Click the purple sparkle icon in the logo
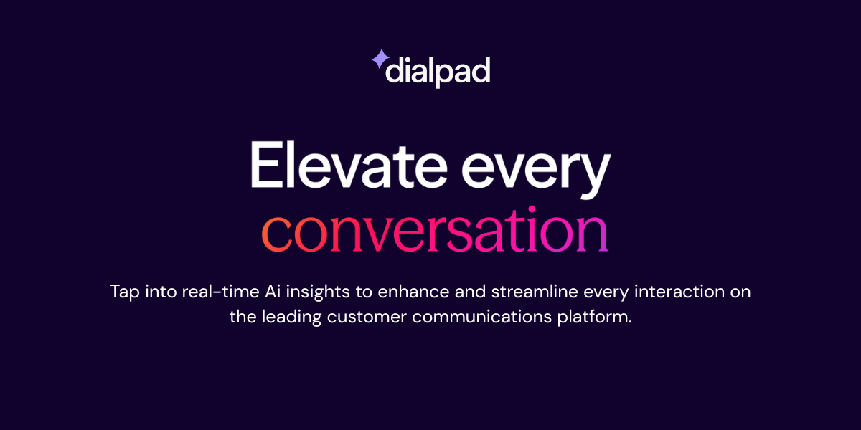pyautogui.click(x=380, y=59)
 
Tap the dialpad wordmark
pyautogui.click(x=438, y=72)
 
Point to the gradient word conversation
pyautogui.click(x=434, y=231)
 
